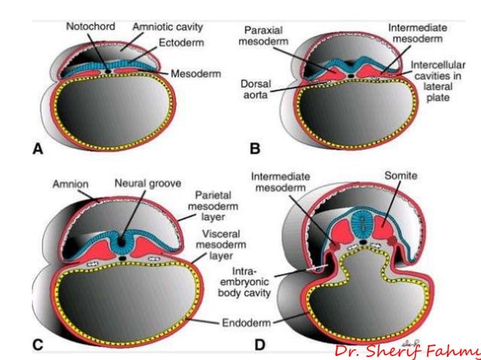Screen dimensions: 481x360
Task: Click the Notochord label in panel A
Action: [89, 26]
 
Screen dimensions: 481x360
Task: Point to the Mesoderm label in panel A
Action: [195, 74]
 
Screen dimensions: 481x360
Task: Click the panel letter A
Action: [37, 150]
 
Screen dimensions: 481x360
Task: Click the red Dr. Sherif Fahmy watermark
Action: [408, 351]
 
